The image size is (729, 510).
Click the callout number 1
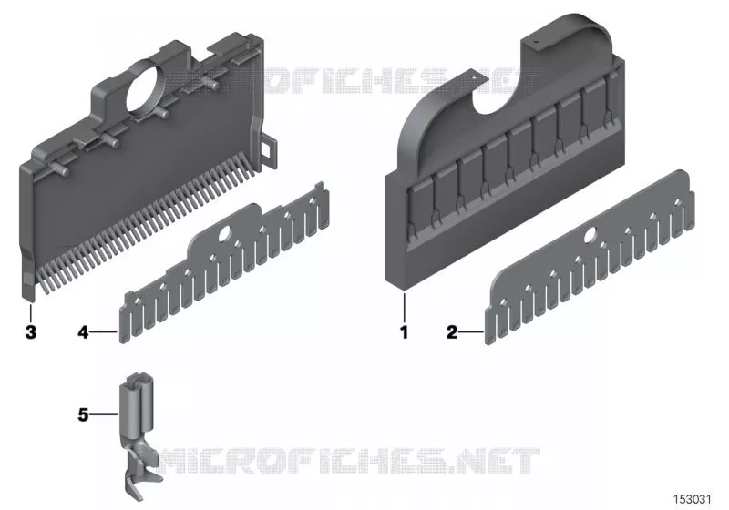pos(404,332)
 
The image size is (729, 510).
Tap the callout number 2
pos(452,332)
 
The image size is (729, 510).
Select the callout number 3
pos(31,332)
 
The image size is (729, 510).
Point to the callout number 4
pos(83,332)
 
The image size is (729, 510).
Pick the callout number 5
pos(83,414)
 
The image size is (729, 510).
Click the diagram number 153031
pos(693,499)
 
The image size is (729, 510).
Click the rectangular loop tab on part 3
pos(269,149)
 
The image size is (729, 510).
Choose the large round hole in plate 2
pos(591,234)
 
